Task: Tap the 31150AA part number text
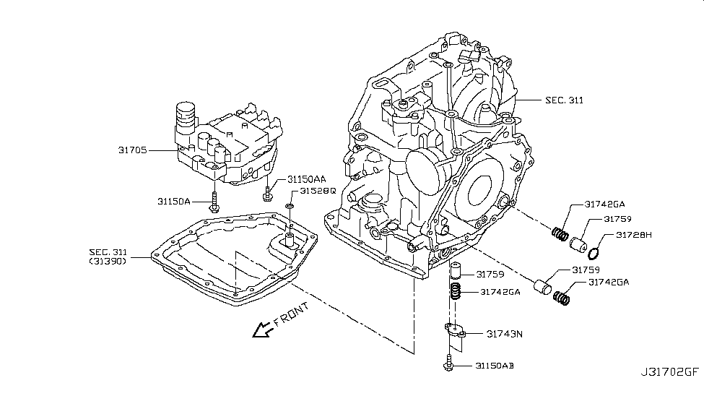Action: tap(307, 178)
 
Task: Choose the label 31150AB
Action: tap(494, 366)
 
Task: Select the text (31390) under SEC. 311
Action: tap(108, 261)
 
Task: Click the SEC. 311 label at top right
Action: tap(564, 100)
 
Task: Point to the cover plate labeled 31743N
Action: tap(455, 331)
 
